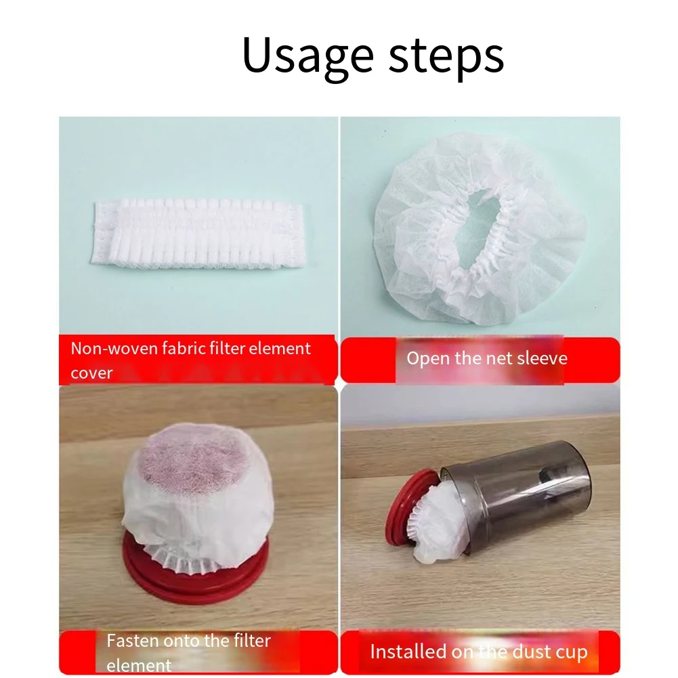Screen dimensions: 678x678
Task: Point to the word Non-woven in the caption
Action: pos(112,349)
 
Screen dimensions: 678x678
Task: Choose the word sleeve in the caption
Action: pos(542,358)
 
